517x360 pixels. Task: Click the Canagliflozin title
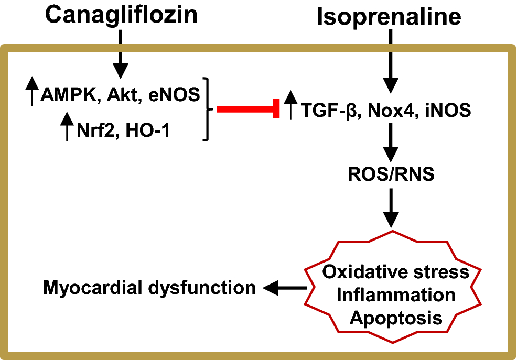tap(121, 14)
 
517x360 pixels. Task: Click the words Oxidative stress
tap(396, 272)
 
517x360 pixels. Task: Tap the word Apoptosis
tap(396, 317)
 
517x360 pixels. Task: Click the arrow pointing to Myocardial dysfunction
tap(284, 287)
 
